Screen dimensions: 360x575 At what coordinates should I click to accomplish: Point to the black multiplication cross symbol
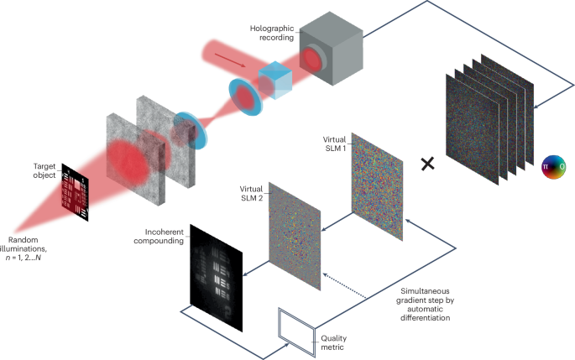point(427,163)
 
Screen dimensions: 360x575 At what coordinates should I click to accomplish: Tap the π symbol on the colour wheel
point(546,167)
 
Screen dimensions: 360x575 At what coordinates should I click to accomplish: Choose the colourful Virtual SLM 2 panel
point(294,236)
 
